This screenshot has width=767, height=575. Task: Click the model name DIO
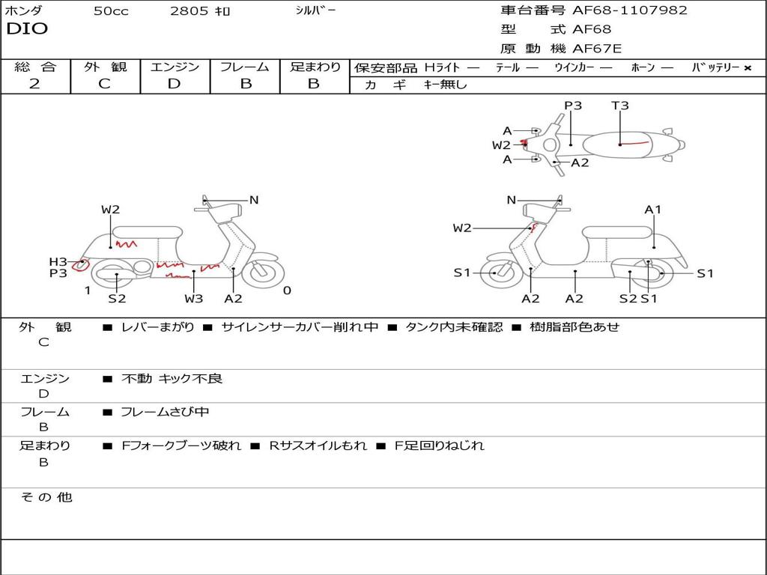(27, 29)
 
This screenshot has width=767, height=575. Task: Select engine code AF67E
(597, 49)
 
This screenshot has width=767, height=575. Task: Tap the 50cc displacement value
(111, 11)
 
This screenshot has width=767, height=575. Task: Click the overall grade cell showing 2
(34, 84)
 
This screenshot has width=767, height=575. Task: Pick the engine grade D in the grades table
(174, 84)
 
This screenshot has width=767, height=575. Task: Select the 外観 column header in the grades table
(105, 67)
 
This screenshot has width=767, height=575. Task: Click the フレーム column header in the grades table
(245, 67)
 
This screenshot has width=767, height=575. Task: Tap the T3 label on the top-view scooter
(620, 106)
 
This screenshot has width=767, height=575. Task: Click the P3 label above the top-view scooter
(573, 106)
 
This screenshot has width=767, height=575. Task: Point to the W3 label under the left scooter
(194, 299)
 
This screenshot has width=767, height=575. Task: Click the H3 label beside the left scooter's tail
(58, 261)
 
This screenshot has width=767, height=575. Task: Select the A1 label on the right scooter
(653, 210)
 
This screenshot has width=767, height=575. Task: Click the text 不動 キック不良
(172, 379)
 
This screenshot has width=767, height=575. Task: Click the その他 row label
(46, 497)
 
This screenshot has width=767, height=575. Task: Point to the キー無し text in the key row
(445, 85)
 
